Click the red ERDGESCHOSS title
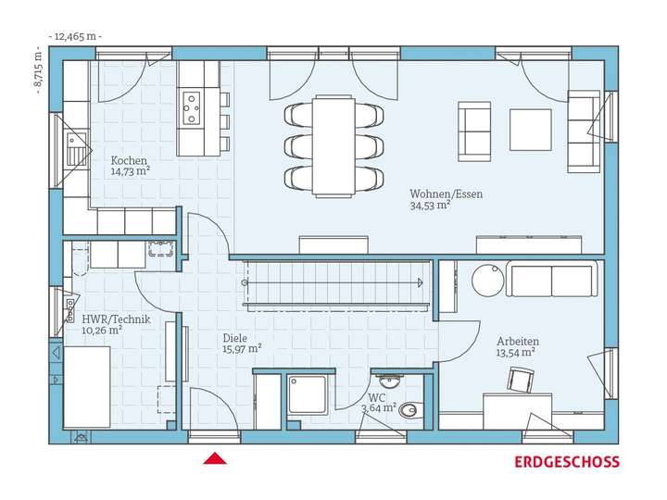click(x=567, y=462)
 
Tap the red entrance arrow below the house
click(x=216, y=457)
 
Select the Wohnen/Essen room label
click(x=446, y=194)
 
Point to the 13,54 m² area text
click(x=516, y=353)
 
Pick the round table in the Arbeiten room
click(x=487, y=280)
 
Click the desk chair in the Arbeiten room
click(x=521, y=380)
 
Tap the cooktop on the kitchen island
click(x=193, y=106)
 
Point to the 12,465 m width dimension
click(x=77, y=36)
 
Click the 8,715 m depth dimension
click(x=38, y=68)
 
